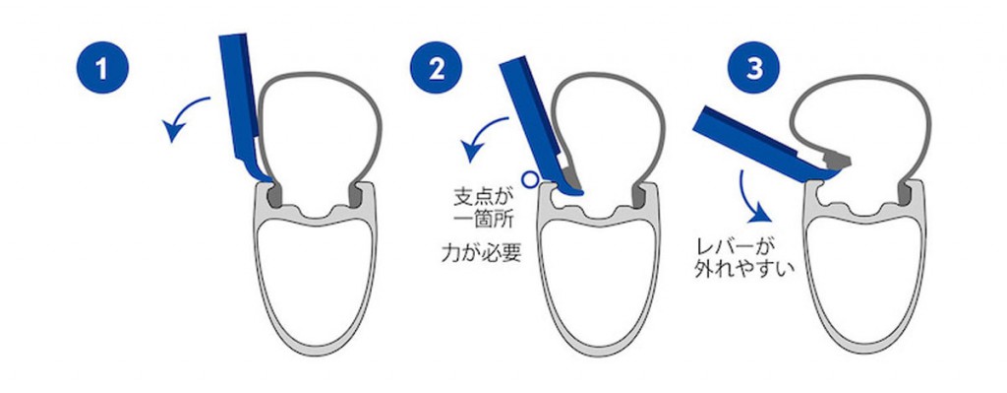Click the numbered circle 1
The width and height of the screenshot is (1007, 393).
point(102,67)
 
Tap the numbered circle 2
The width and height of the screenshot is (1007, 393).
point(436,67)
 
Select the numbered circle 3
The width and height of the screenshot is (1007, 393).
point(754,67)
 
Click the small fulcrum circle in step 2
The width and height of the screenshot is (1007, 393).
point(529,179)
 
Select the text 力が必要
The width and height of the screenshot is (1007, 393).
point(482,253)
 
